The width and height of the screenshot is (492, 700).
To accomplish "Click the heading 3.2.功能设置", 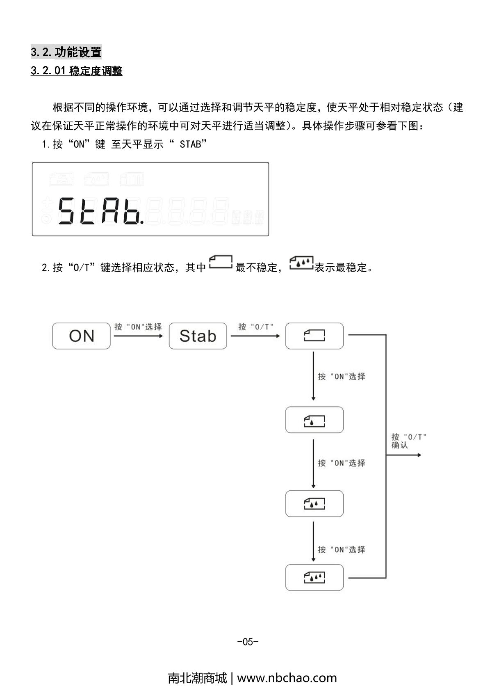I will [66, 52].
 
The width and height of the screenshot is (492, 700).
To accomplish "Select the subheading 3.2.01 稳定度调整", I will [77, 71].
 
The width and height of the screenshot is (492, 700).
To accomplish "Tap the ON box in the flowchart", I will [81, 336].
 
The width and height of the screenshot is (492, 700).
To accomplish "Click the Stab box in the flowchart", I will [198, 336].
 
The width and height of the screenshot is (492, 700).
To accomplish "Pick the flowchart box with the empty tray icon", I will [314, 336].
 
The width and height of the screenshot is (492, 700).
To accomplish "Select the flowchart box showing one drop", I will [314, 420].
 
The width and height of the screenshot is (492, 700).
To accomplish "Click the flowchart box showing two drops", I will [314, 503].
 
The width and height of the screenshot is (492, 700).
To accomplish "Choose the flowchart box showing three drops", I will [314, 578].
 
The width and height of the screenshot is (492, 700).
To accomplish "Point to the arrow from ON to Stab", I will [139, 336].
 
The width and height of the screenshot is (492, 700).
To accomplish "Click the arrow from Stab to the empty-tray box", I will [255, 336].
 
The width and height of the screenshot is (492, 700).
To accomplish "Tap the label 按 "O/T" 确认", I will [408, 441].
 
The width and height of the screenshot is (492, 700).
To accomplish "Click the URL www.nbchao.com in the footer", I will [287, 677].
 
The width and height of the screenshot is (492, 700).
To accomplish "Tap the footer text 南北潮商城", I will [197, 677].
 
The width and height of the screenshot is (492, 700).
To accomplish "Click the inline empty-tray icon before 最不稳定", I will [221, 263].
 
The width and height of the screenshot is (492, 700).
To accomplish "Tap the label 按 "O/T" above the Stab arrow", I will [256, 327].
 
